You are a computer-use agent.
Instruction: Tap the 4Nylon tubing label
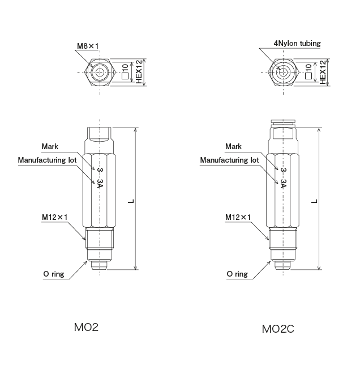tap(297, 43)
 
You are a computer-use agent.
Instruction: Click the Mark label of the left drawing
tap(50, 147)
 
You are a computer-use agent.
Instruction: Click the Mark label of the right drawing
tap(233, 147)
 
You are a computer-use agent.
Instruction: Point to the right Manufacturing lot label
tap(230, 160)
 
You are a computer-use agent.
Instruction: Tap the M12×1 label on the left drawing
tap(55, 217)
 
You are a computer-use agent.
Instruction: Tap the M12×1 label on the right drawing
tap(238, 217)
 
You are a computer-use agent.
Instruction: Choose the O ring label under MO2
tap(54, 274)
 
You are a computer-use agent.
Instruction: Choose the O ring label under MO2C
tap(237, 274)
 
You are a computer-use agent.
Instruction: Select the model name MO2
tap(87, 328)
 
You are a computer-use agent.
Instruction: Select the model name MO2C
tap(278, 328)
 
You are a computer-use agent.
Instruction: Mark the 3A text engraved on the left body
tap(100, 184)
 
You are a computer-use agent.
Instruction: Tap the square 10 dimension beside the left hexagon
tap(125, 72)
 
